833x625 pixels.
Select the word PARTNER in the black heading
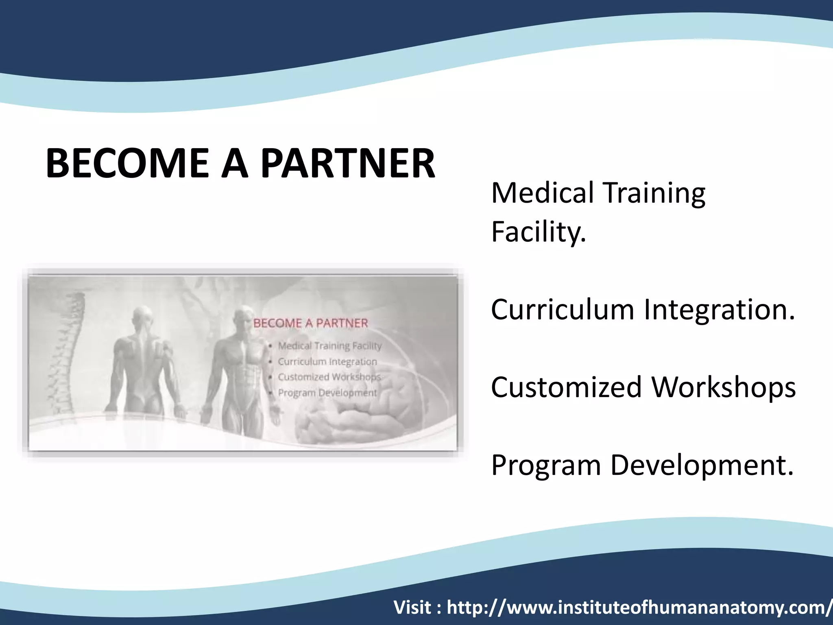(x=348, y=164)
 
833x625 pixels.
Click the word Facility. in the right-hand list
(x=539, y=232)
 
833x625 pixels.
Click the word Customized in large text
(x=566, y=387)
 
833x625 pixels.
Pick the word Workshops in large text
(x=724, y=387)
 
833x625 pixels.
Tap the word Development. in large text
(x=702, y=465)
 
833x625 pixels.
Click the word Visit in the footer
(x=412, y=608)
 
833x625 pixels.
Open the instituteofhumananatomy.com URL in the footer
(x=639, y=608)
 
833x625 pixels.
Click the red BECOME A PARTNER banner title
(x=310, y=323)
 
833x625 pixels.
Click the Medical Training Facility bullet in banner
(x=329, y=346)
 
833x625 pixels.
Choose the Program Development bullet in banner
(x=327, y=393)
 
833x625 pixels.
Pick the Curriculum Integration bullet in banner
(x=327, y=362)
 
